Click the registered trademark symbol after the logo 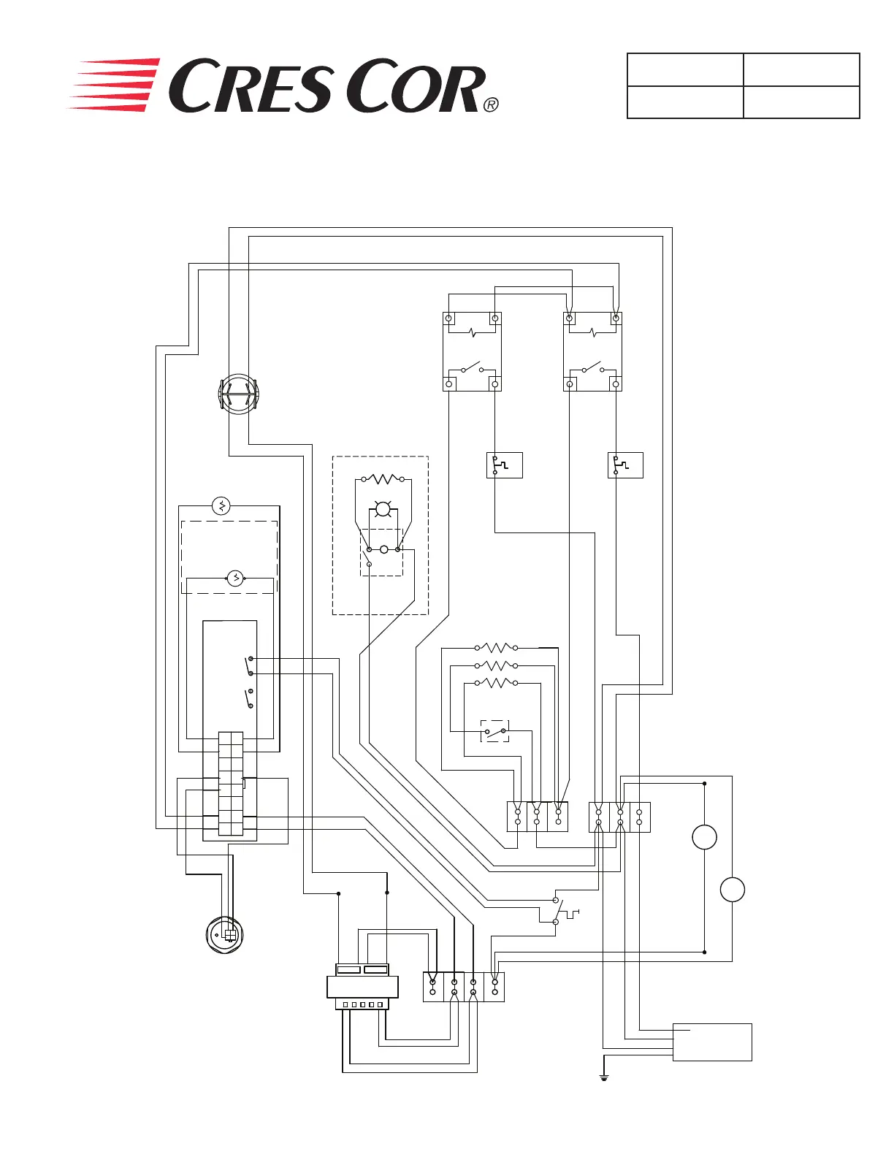[x=491, y=104]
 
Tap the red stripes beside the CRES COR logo [x=115, y=85]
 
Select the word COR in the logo [x=415, y=88]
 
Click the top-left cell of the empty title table [x=685, y=69]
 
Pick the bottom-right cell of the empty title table [x=801, y=102]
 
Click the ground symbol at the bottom [x=604, y=1077]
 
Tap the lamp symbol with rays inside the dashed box [x=383, y=509]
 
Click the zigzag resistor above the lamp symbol [x=383, y=479]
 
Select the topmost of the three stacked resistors [x=497, y=648]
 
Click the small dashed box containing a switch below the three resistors [x=495, y=730]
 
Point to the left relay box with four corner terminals [x=472, y=351]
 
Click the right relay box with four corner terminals [x=592, y=351]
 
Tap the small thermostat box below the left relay [x=504, y=465]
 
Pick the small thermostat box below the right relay [x=625, y=465]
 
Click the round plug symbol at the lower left [x=224, y=934]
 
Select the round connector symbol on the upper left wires [x=239, y=394]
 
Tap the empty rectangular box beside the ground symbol [x=712, y=1042]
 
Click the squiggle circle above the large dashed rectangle [x=221, y=505]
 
